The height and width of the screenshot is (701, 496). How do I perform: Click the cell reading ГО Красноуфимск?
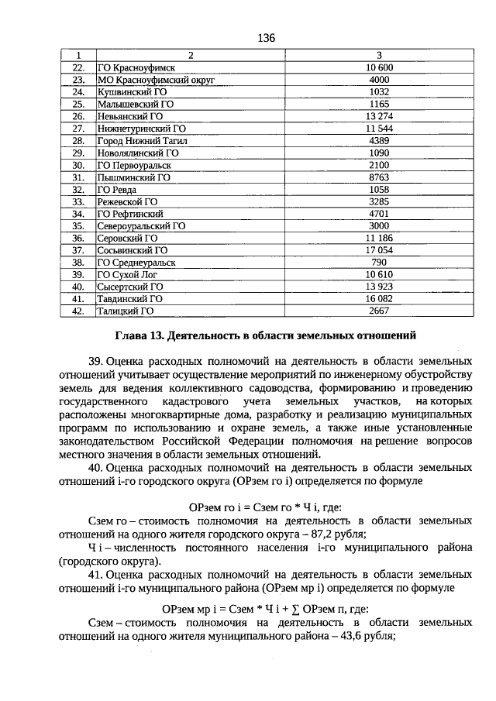pyautogui.click(x=132, y=68)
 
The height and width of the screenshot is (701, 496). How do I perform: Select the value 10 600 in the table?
pyautogui.click(x=379, y=68)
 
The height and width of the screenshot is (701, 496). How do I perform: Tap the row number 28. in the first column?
pyautogui.click(x=77, y=141)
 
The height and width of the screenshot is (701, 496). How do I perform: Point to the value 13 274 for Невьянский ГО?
pyautogui.click(x=379, y=116)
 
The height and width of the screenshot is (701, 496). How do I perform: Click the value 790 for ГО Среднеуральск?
pyautogui.click(x=379, y=263)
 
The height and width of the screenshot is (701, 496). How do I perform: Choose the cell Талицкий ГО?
pyautogui.click(x=125, y=311)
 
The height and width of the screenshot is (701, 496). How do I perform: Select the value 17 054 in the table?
pyautogui.click(x=379, y=250)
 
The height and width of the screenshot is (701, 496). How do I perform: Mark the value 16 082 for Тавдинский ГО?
pyautogui.click(x=379, y=299)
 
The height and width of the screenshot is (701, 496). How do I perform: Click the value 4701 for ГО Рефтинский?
pyautogui.click(x=379, y=214)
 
